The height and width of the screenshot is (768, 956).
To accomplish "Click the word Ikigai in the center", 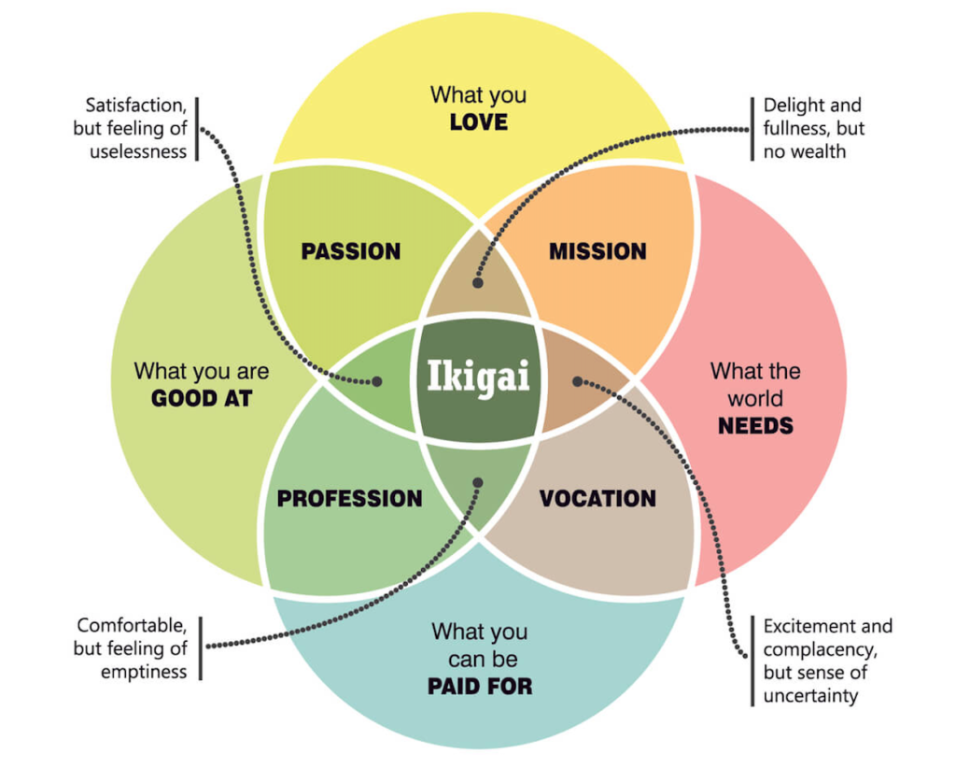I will click(x=478, y=377).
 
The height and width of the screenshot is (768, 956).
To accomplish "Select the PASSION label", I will click(x=351, y=251).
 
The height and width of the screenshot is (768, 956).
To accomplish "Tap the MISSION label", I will click(x=597, y=251).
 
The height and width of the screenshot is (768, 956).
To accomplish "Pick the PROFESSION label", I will click(x=349, y=499).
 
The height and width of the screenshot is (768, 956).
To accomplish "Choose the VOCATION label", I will click(x=597, y=499).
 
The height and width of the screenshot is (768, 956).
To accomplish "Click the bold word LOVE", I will click(x=478, y=122).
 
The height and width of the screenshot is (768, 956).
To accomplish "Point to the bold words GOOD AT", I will click(x=202, y=399).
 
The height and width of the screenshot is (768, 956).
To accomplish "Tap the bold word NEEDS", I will click(x=755, y=426).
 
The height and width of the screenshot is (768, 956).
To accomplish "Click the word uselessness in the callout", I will click(x=138, y=151).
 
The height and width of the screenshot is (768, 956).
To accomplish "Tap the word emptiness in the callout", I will click(x=144, y=672).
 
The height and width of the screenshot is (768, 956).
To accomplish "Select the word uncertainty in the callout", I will click(x=810, y=696).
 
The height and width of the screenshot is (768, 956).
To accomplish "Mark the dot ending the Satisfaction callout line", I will click(x=377, y=381).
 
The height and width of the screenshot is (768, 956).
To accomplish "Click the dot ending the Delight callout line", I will click(x=478, y=281).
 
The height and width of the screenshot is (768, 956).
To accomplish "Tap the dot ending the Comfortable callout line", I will click(x=478, y=483).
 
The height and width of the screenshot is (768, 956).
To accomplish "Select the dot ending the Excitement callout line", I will click(x=577, y=381).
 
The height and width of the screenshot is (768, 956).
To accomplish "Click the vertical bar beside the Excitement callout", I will click(x=752, y=661).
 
